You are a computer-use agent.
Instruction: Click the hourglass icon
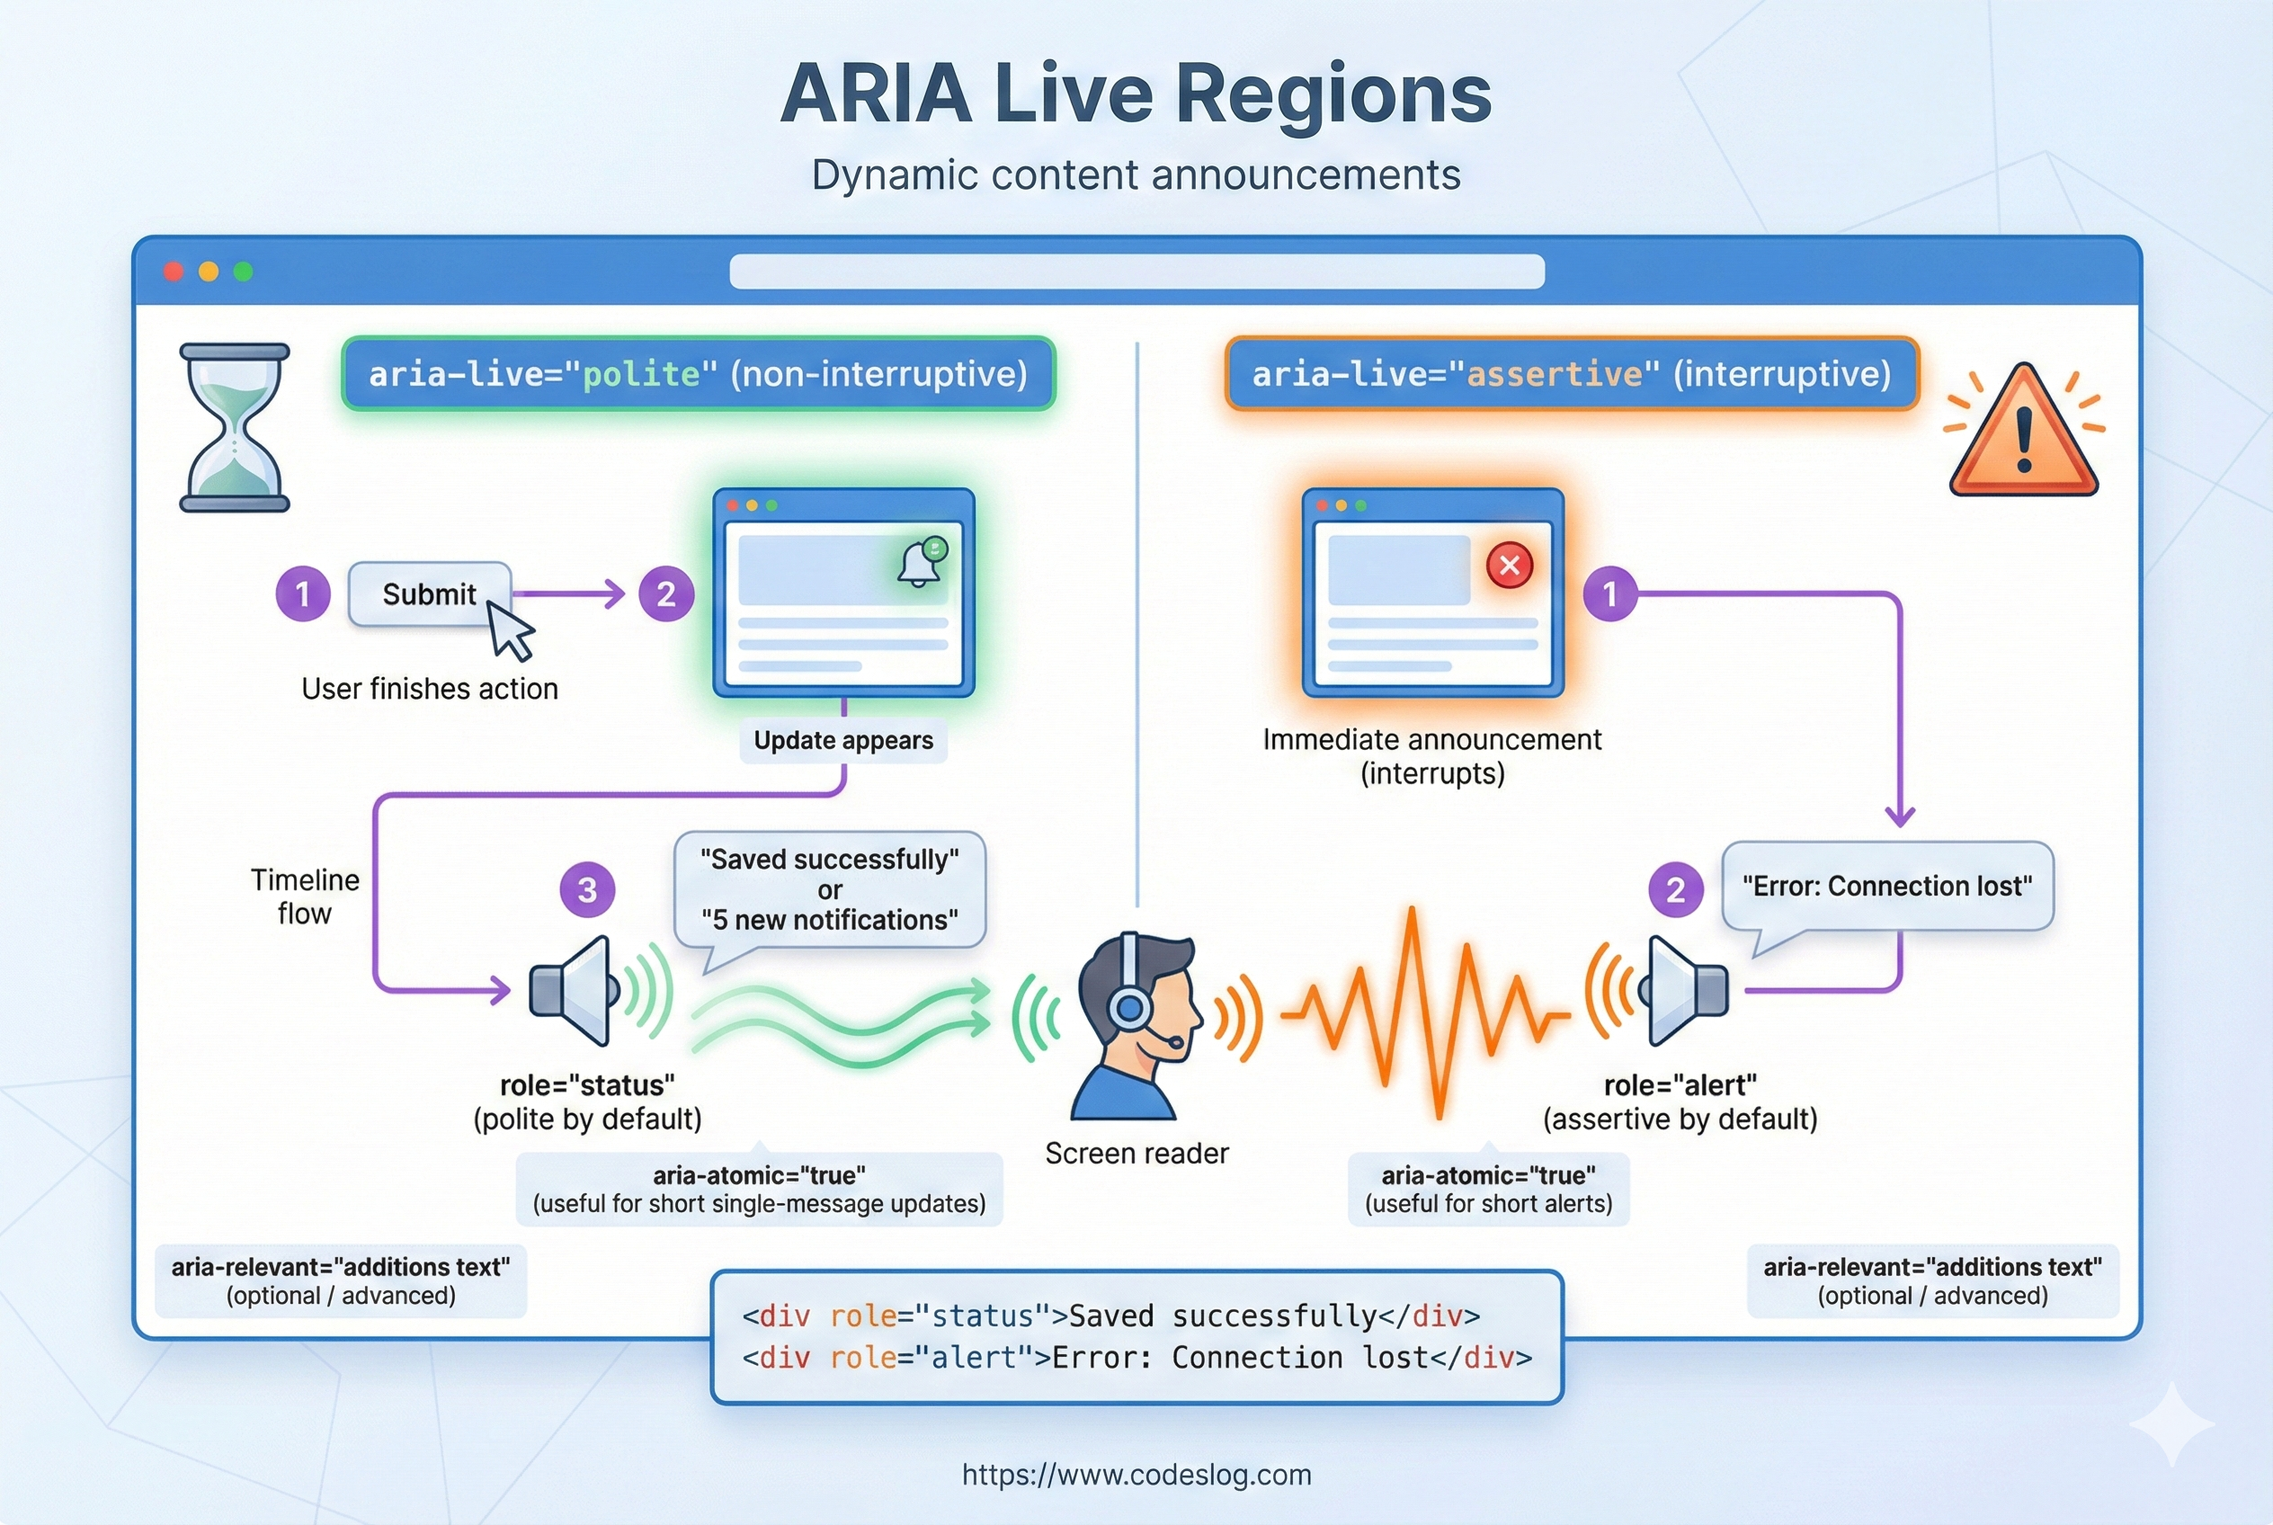click(235, 427)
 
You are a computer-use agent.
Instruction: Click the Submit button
click(429, 594)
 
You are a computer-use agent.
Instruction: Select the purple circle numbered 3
click(587, 890)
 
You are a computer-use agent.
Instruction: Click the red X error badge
click(1510, 565)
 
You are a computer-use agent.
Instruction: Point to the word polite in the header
click(641, 374)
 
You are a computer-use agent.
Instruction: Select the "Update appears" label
click(843, 741)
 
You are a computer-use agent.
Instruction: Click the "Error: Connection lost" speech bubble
click(1887, 886)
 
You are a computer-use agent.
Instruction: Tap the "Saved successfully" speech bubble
click(830, 889)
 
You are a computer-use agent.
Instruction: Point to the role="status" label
click(586, 1085)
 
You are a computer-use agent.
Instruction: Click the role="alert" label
click(1680, 1085)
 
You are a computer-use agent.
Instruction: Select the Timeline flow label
click(305, 896)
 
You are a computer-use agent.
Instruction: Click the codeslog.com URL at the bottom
click(1136, 1475)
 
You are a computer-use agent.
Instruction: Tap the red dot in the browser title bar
click(174, 272)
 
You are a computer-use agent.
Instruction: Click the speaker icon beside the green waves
click(574, 990)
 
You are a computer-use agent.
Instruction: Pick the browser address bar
click(1136, 272)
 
